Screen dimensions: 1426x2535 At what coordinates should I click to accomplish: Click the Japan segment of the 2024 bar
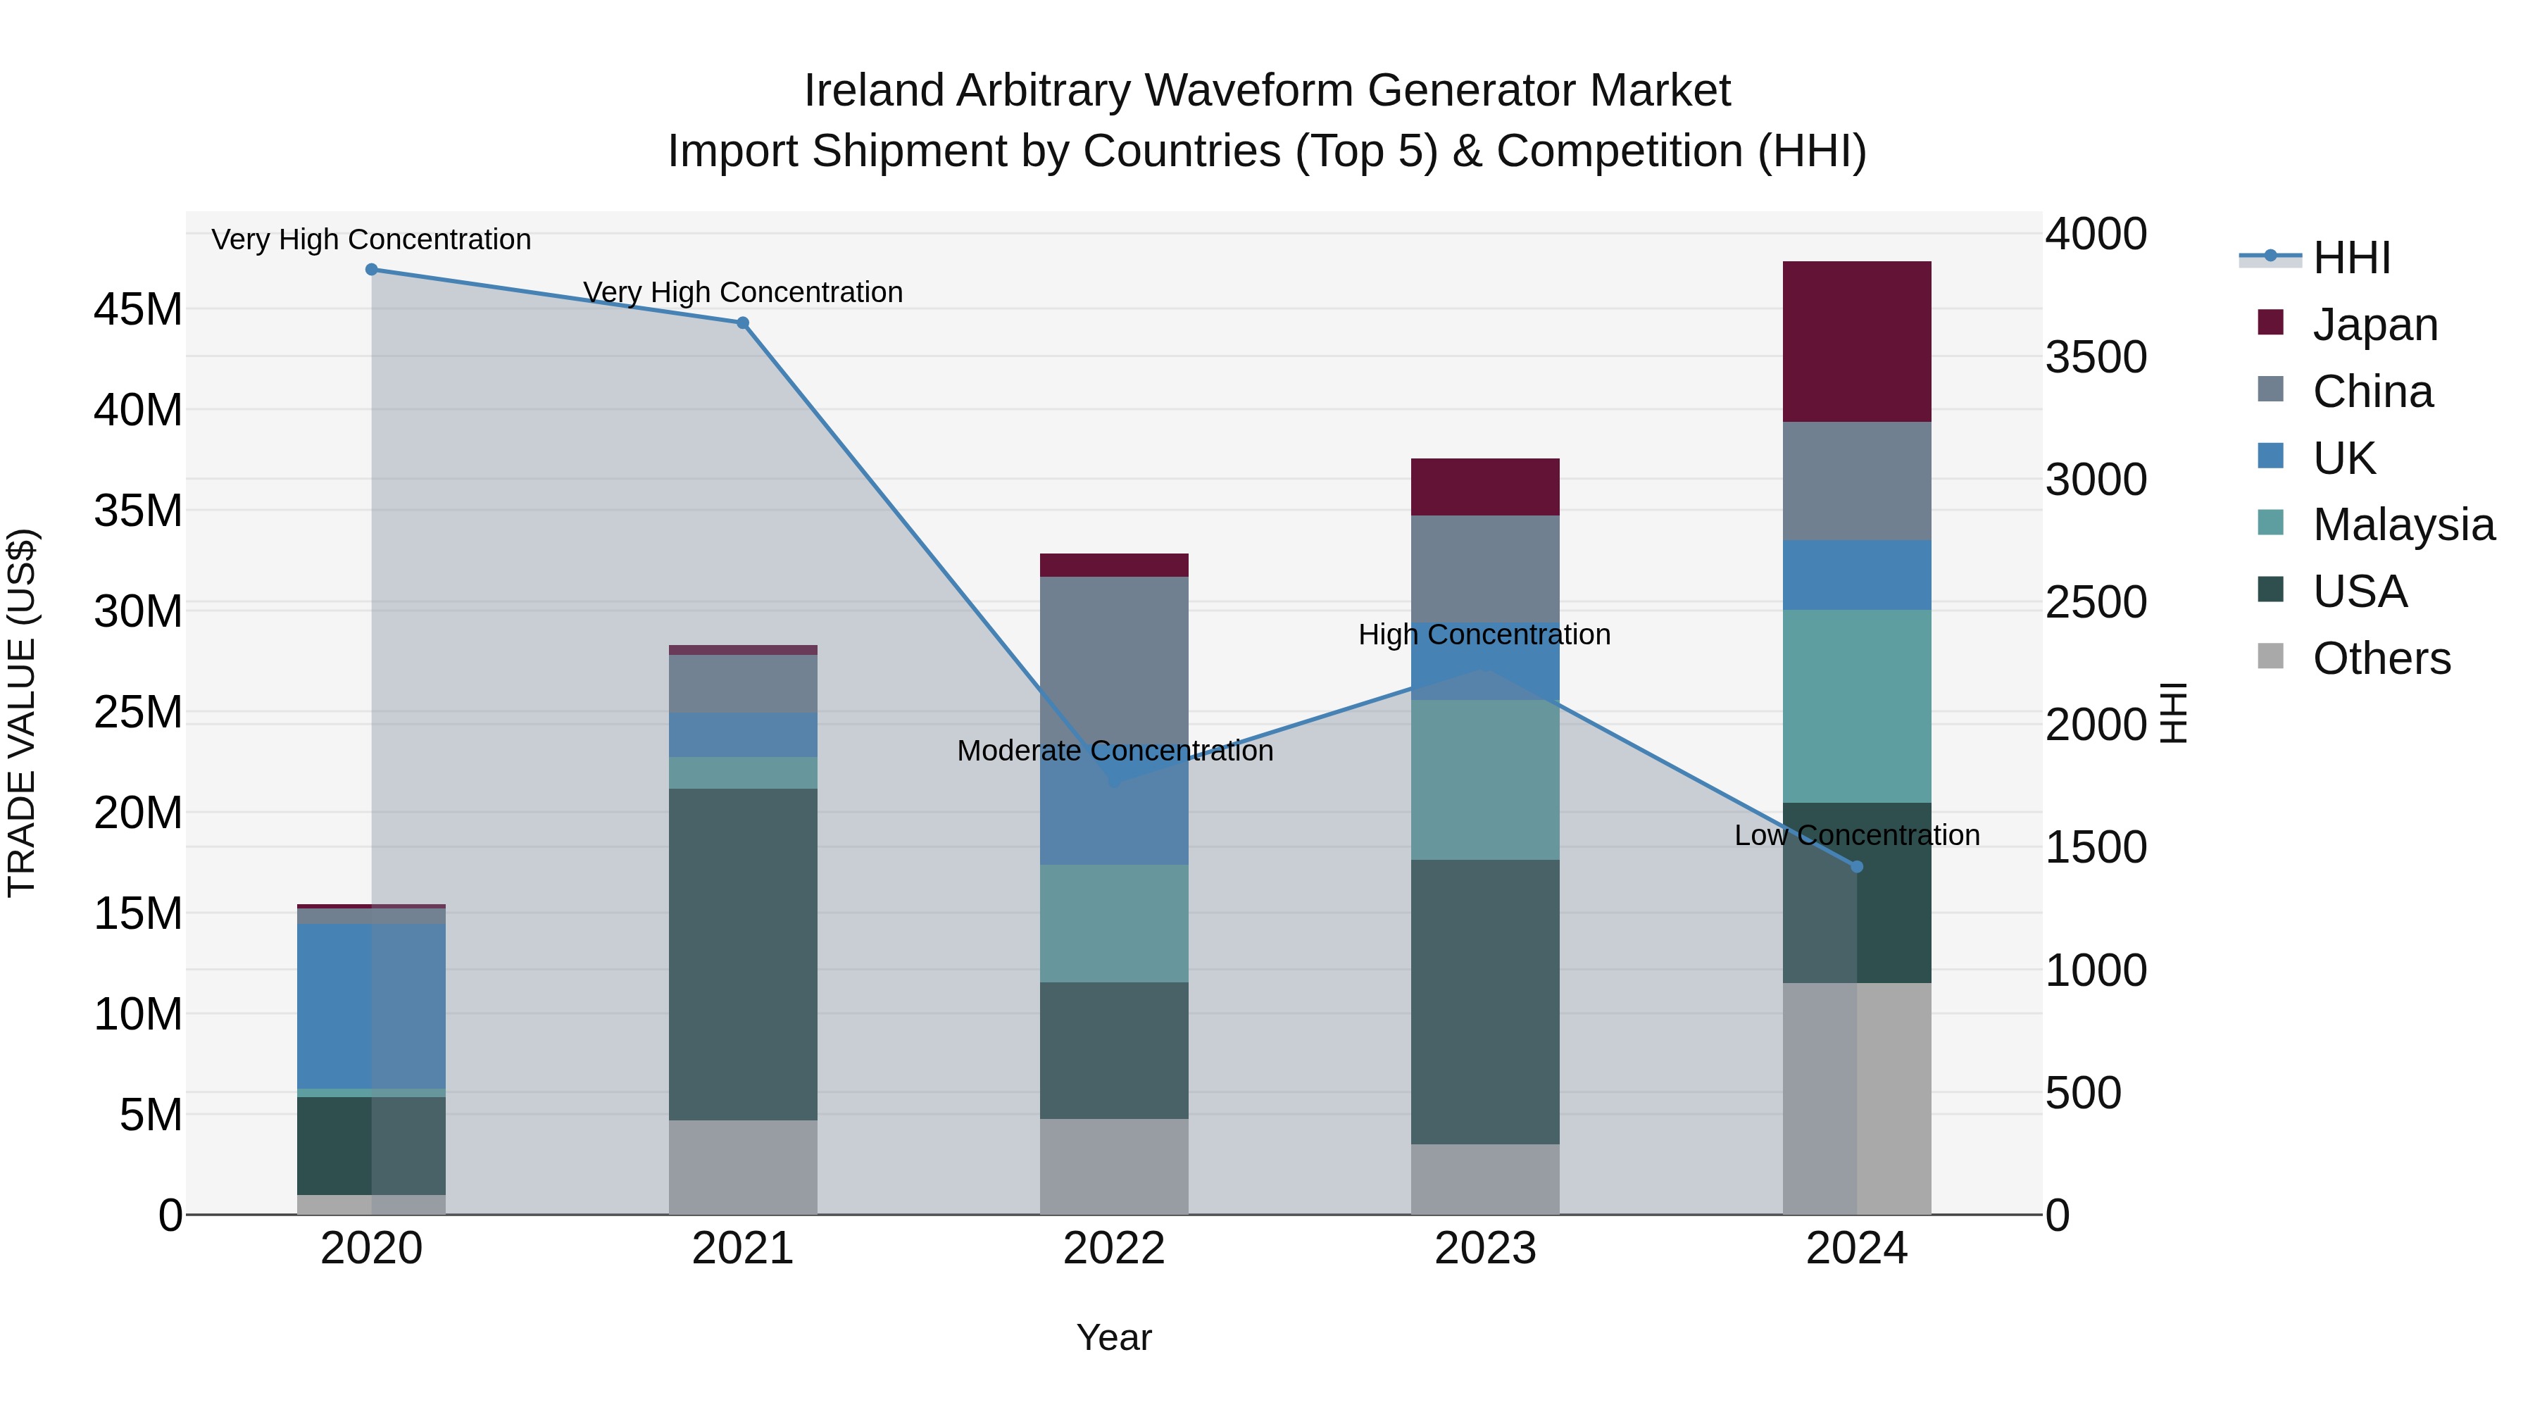pos(1856,342)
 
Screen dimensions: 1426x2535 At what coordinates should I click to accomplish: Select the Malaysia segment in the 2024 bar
pos(1856,706)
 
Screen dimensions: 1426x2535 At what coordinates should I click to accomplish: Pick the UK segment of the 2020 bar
pos(371,1006)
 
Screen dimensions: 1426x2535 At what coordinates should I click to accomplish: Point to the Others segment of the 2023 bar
pos(1485,1178)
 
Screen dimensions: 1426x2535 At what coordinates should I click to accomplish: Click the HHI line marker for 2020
pos(371,270)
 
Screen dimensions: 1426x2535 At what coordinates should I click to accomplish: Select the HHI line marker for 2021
pos(743,323)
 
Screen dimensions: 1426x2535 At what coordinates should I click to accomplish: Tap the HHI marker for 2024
pos(1857,866)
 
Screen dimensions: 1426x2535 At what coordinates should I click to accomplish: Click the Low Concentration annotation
pos(1856,835)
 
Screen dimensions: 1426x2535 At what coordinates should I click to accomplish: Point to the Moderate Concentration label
pos(1114,751)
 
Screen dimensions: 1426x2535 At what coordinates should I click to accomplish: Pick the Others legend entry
pos(2381,658)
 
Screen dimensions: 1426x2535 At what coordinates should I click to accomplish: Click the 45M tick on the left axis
pos(138,310)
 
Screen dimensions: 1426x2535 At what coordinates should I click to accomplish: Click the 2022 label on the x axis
pos(1114,1249)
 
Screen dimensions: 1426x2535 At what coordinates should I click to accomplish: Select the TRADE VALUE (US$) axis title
pos(22,713)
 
